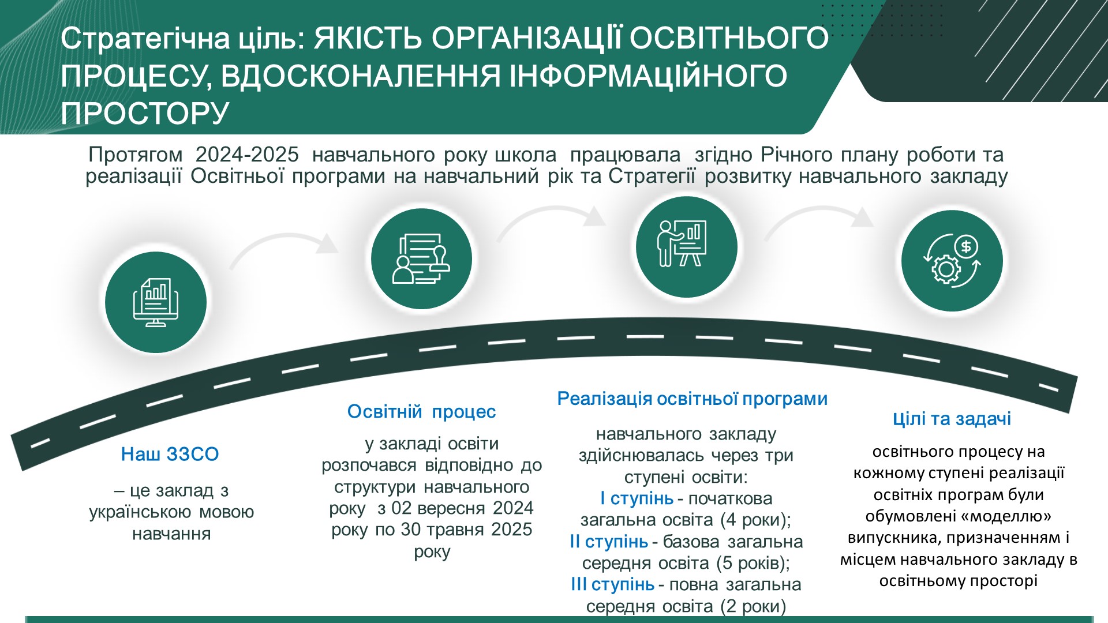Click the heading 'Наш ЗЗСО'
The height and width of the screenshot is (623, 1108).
[170, 454]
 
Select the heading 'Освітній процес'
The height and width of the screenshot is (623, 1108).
[421, 411]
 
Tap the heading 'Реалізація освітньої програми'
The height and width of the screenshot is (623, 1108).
[692, 399]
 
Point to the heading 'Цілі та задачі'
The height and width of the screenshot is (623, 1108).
[952, 419]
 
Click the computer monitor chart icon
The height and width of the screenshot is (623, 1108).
[156, 302]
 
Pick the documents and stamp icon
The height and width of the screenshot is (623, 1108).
[421, 258]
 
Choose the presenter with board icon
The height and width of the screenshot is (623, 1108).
[682, 243]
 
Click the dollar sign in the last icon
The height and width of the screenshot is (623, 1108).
[966, 247]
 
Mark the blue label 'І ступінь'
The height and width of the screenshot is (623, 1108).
[637, 498]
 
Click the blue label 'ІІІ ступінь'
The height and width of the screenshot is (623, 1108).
[612, 584]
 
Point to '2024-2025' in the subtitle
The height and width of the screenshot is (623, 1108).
[247, 155]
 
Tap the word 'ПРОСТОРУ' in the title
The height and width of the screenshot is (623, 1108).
[145, 113]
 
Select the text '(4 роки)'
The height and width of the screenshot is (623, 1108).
[755, 520]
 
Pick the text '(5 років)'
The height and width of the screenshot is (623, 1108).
[753, 563]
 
